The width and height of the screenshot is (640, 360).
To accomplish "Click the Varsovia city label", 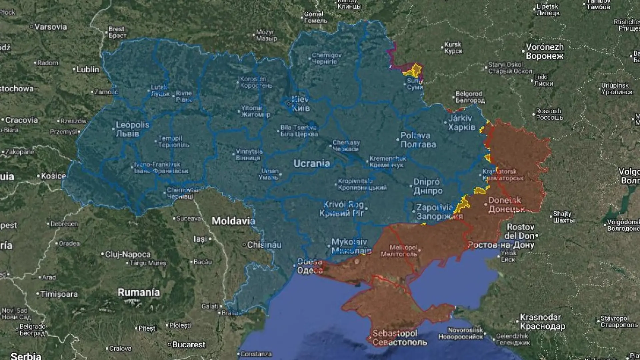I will [50, 27].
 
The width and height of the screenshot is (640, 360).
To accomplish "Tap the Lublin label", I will [88, 69].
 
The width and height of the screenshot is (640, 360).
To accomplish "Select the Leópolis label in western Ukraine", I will [132, 129].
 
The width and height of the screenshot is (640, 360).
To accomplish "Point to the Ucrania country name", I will [312, 163].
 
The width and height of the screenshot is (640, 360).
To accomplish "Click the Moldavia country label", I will [233, 221].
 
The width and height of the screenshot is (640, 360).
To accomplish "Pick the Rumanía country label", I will [139, 292].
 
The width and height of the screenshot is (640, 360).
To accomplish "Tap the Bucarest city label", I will [189, 344].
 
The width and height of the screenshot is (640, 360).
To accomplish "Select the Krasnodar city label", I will [542, 322].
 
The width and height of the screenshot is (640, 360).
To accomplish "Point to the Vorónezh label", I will [545, 51].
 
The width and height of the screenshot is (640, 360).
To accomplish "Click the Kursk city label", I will [453, 47].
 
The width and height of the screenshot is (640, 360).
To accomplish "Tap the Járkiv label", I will [461, 122].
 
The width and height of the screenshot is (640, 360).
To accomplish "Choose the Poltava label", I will [418, 140].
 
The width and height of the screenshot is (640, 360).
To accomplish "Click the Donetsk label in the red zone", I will [506, 204].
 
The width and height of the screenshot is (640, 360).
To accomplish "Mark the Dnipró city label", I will [428, 186].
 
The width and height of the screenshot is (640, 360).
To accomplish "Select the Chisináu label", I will [264, 245].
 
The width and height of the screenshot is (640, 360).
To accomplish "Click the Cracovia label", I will [22, 120].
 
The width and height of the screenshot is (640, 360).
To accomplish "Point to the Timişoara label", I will [59, 294].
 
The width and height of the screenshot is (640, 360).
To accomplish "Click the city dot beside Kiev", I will [289, 104].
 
